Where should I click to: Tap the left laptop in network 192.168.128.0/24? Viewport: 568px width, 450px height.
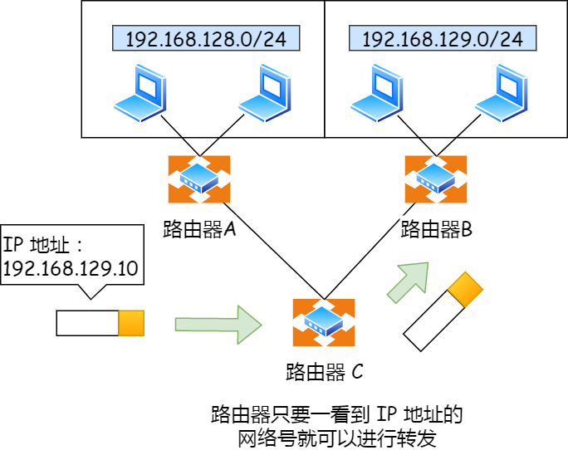tap(141, 95)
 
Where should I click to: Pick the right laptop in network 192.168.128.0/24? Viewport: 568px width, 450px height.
tap(265, 95)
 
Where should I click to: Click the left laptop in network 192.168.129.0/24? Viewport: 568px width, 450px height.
tap(378, 95)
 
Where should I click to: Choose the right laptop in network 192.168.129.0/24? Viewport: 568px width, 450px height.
tap(501, 95)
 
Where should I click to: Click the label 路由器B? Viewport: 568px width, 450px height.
tap(436, 229)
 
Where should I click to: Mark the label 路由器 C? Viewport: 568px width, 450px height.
tap(324, 371)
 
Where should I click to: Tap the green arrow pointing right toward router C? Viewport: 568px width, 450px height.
tap(218, 324)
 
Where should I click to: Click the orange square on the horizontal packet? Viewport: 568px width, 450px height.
tap(131, 323)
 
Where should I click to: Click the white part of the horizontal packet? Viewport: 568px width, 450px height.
tap(87, 323)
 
